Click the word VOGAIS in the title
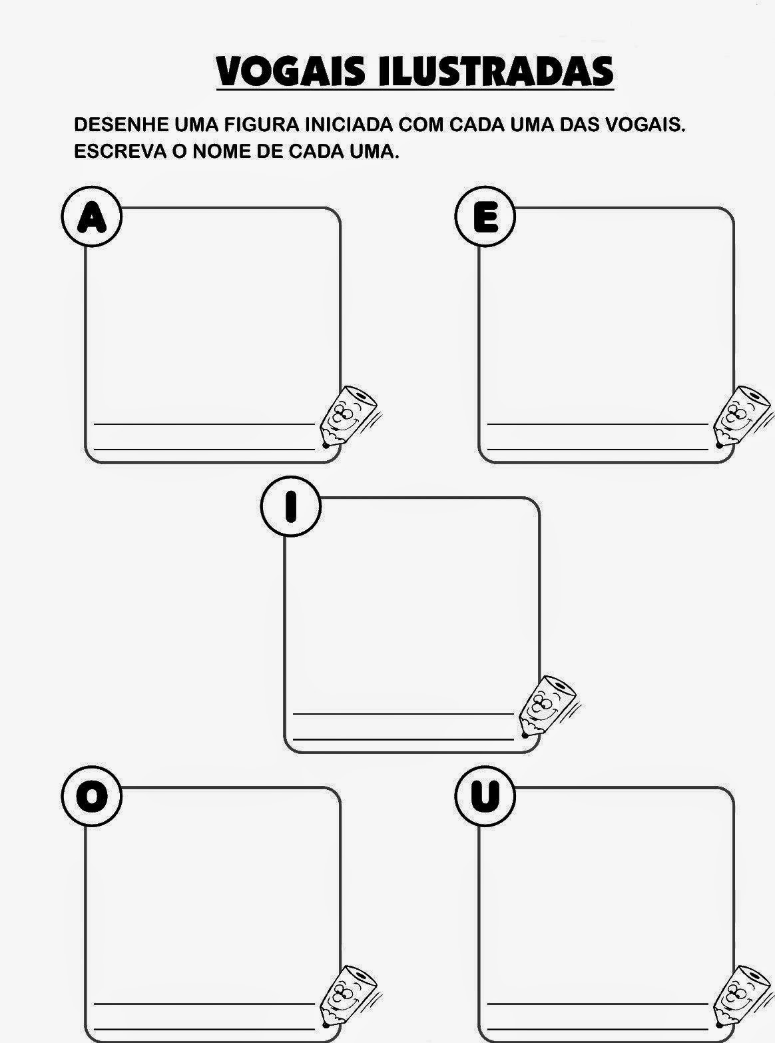pyautogui.click(x=290, y=71)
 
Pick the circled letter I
pyautogui.click(x=291, y=506)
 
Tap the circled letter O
pyautogui.click(x=92, y=796)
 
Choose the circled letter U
pyautogui.click(x=485, y=796)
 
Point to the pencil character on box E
pyautogui.click(x=742, y=416)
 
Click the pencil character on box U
pyautogui.click(x=742, y=995)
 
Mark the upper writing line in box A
pyautogui.click(x=204, y=424)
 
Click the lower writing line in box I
pyautogui.click(x=403, y=740)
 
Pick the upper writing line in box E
pyautogui.click(x=598, y=424)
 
